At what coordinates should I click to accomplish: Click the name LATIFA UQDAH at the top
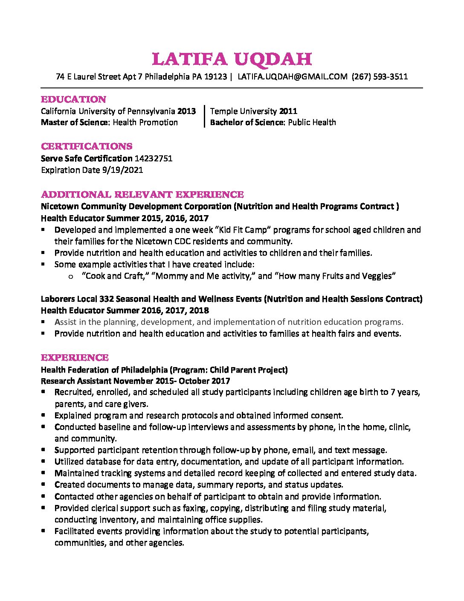232,59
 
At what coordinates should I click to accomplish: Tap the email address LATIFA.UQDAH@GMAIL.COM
292,77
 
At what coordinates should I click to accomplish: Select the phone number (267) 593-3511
380,77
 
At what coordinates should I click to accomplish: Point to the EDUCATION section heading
73,99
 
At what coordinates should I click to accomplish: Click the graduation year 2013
186,111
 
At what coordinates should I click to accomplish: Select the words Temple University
244,111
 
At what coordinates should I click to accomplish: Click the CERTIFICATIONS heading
87,146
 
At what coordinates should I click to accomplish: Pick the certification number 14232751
154,158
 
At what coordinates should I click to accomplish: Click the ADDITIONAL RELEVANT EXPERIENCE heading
142,195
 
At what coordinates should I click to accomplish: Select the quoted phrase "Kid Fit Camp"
244,230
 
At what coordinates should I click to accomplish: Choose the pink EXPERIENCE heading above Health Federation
75,358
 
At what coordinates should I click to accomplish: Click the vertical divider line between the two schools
205,117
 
